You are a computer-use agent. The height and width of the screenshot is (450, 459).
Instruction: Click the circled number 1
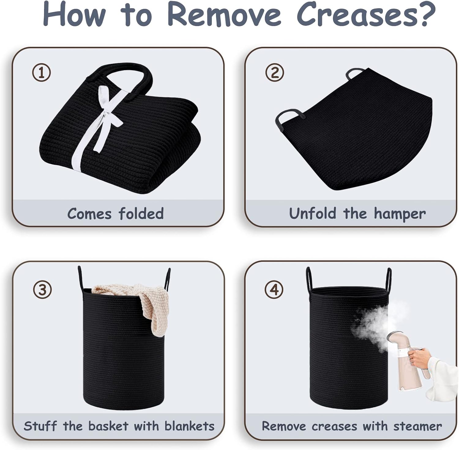[42, 73]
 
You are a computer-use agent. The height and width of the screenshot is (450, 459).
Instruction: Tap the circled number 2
[274, 73]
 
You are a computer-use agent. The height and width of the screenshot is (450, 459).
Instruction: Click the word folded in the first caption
[141, 213]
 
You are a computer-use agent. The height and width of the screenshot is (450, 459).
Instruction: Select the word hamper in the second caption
[399, 214]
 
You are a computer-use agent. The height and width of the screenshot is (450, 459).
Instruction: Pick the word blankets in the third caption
[189, 426]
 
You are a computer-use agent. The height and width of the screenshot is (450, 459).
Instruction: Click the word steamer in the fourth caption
[418, 426]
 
